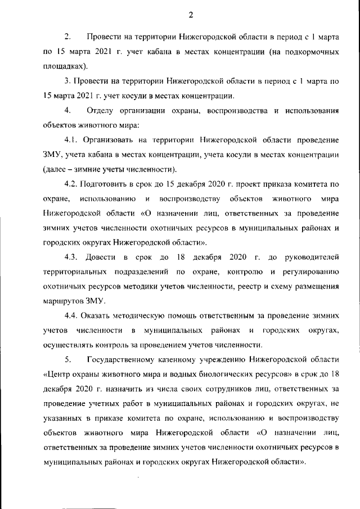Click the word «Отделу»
(x=100, y=109)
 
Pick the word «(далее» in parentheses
(x=56, y=169)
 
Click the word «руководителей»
(x=312, y=257)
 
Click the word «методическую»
(x=139, y=316)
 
